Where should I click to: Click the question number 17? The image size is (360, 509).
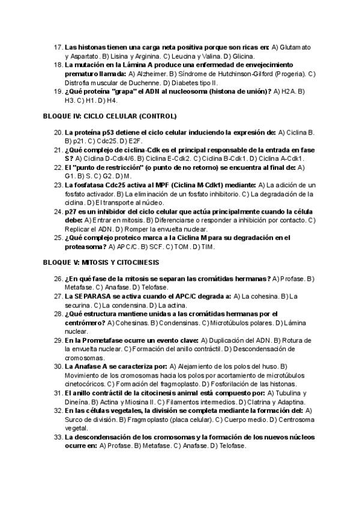pos(58,47)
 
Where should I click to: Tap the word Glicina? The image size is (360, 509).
pos(188,56)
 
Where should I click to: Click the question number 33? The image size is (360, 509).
pos(58,436)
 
